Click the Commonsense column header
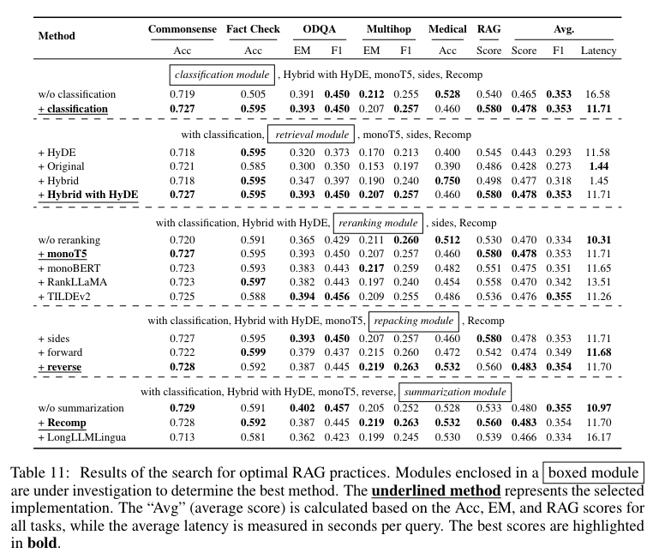pos(180,30)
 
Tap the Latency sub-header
pos(598,51)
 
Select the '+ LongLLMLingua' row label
pos(83,438)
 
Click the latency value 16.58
pos(598,93)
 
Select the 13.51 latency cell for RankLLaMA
pos(598,281)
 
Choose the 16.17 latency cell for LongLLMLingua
pos(598,438)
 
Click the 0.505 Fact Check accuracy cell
pos(253,93)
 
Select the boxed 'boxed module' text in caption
pos(594,474)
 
